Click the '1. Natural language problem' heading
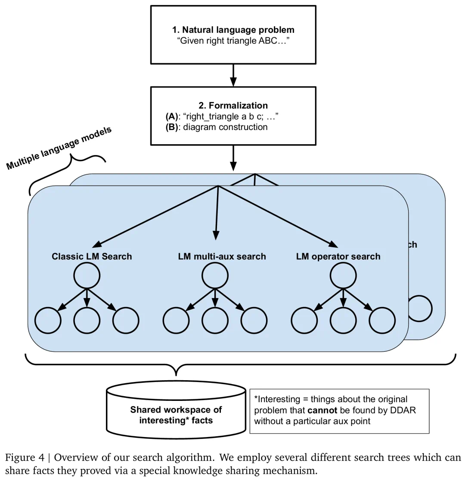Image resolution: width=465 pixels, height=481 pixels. [x=233, y=30]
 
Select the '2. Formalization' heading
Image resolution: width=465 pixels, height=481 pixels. [x=233, y=106]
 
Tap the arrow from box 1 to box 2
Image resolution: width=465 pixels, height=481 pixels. [x=233, y=75]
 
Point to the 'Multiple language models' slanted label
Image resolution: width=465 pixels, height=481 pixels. [x=59, y=148]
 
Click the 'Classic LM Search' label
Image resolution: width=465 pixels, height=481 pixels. [x=92, y=257]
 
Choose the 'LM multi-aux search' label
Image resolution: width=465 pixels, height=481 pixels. [x=222, y=257]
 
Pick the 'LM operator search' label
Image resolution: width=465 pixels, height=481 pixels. [x=338, y=257]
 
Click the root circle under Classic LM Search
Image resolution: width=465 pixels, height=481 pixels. [x=87, y=275]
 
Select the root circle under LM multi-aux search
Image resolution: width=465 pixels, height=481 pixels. [x=215, y=275]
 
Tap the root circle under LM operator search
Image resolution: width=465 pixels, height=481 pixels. [x=343, y=275]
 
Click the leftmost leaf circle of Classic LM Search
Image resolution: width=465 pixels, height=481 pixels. [x=48, y=321]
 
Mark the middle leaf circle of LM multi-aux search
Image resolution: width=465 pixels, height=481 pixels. [x=215, y=321]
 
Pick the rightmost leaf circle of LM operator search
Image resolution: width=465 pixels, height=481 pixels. [x=382, y=321]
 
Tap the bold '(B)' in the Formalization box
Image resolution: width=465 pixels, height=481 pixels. [x=172, y=127]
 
